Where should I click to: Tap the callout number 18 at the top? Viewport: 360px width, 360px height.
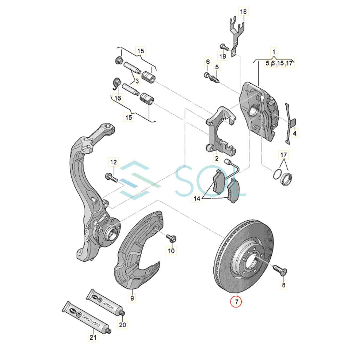click(x=243, y=12)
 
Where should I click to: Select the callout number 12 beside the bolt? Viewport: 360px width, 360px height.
click(x=113, y=162)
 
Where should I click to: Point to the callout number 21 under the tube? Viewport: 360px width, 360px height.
click(x=93, y=337)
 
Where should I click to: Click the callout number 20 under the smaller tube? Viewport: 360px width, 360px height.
click(x=122, y=324)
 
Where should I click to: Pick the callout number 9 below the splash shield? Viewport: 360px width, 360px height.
click(x=132, y=298)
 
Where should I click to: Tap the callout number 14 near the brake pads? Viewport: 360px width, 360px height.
click(x=197, y=198)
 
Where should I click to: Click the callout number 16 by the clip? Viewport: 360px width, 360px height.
click(x=118, y=98)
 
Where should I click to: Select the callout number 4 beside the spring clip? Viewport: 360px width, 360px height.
click(x=295, y=133)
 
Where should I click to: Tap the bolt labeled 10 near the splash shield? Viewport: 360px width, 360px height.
click(x=172, y=239)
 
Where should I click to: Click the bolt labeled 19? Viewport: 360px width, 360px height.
click(x=224, y=47)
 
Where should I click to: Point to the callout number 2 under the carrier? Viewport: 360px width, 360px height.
click(x=217, y=158)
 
